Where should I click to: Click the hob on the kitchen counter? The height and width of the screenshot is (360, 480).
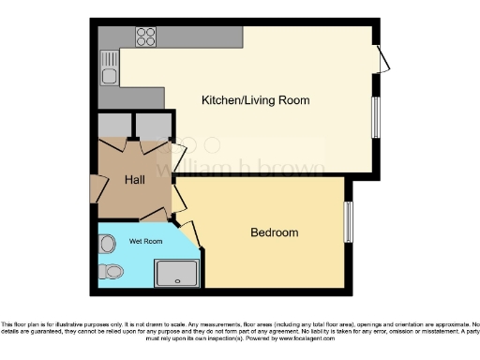146,37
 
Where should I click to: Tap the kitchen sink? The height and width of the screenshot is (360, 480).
110,75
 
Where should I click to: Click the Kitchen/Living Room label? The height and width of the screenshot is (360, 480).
256,99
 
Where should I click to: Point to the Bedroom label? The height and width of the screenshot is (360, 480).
274,232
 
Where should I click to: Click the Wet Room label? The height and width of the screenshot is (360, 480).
145,241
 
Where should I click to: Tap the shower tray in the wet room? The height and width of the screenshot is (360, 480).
178,272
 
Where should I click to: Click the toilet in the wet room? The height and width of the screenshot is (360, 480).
112,272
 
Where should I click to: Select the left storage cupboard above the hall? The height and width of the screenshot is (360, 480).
114,127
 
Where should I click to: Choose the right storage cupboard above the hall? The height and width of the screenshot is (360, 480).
153,127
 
